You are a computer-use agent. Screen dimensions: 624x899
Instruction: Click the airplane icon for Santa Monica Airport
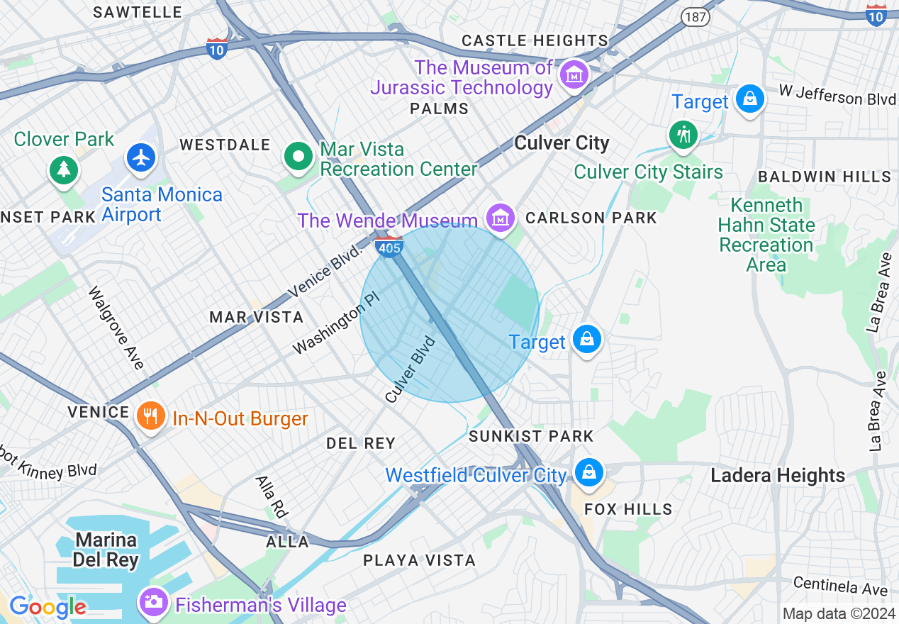tap(142, 158)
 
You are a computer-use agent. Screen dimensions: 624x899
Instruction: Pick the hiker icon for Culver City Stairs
tap(683, 134)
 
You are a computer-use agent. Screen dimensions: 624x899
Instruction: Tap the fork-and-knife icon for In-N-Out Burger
tap(150, 416)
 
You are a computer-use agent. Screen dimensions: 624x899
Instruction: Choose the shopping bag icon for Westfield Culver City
tap(588, 472)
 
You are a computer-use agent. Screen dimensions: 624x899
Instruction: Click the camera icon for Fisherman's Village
tap(153, 603)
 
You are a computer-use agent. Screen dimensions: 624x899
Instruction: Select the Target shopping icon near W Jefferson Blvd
tap(749, 99)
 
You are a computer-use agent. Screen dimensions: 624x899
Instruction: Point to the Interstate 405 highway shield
tap(390, 246)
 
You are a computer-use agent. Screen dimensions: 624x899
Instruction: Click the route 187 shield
tap(696, 16)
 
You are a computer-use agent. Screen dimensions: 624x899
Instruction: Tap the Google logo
tap(48, 608)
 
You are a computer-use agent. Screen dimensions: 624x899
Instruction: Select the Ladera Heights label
tap(778, 475)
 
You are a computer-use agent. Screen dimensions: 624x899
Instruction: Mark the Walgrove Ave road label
tap(116, 328)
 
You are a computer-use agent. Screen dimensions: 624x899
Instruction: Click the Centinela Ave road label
tap(840, 586)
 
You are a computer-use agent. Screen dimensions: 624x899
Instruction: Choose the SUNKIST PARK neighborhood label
tap(531, 436)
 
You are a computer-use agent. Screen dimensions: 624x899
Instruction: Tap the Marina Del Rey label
tap(106, 550)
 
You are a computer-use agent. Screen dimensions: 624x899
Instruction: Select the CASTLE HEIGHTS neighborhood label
tap(535, 40)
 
